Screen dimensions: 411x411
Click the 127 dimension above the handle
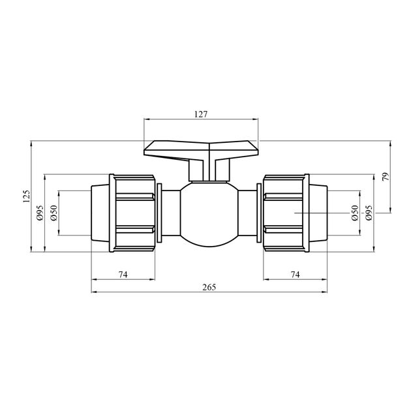(x=201, y=114)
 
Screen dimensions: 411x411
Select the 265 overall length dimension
(x=209, y=287)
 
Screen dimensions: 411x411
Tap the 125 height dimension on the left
(x=27, y=196)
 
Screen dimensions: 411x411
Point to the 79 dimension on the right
(x=386, y=177)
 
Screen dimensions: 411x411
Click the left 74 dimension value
(x=123, y=275)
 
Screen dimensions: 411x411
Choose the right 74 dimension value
(x=295, y=275)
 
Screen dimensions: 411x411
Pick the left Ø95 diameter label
(x=40, y=213)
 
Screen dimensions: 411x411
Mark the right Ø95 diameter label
(x=369, y=213)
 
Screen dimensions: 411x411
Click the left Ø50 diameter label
(x=53, y=213)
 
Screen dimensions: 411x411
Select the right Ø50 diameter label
(x=355, y=213)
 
